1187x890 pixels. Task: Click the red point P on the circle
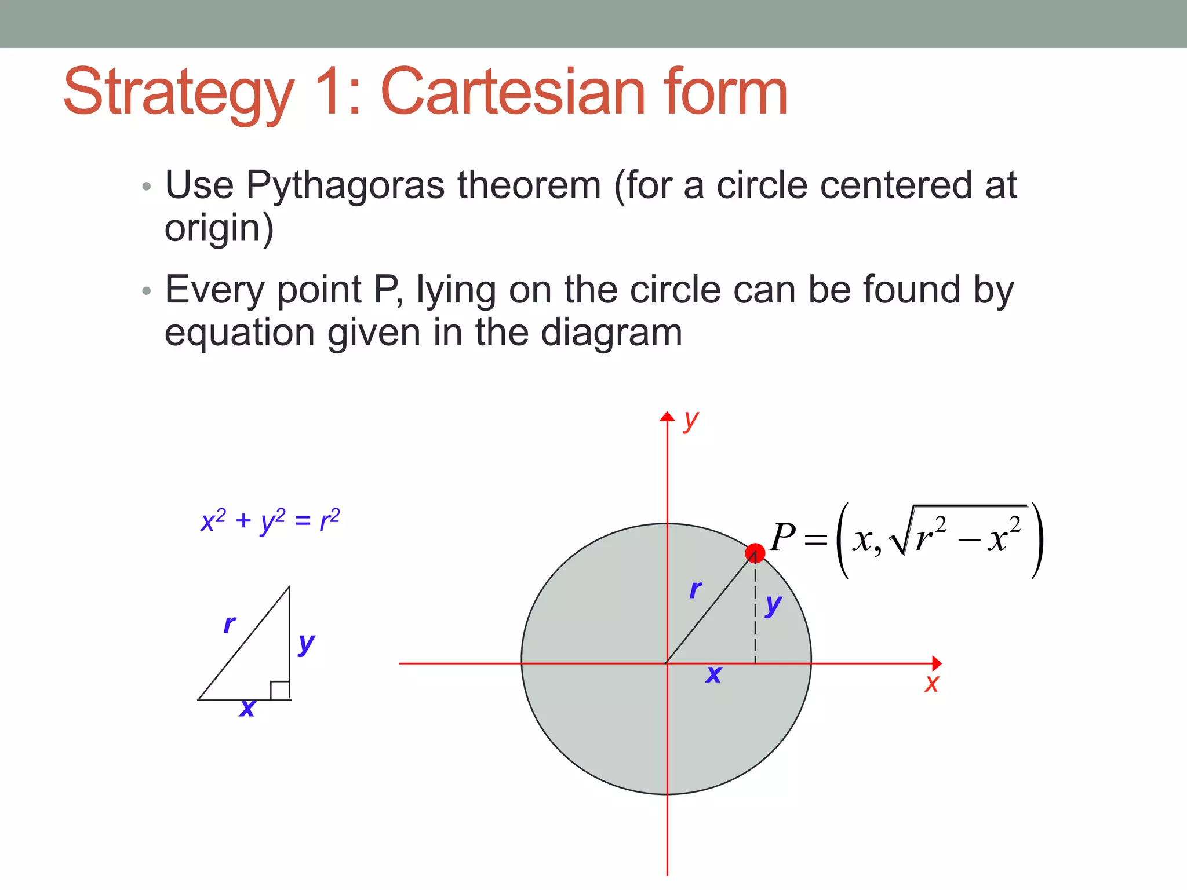coord(755,553)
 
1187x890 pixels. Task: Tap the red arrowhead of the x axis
coord(936,663)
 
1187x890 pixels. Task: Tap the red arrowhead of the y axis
coord(667,417)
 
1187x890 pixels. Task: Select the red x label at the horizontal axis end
coord(931,683)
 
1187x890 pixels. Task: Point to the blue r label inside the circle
coord(696,589)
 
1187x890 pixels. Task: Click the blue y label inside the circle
coord(773,605)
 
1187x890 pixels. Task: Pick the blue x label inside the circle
coord(713,674)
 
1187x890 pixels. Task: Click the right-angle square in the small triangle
coord(279,690)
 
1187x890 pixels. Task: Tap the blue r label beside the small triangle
coord(230,624)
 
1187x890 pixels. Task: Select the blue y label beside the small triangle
coord(306,643)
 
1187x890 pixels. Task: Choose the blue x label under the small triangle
coord(247,708)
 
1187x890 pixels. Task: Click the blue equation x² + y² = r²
coord(270,520)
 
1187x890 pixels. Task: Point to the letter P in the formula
coord(783,537)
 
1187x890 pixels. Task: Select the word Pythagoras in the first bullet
coord(345,185)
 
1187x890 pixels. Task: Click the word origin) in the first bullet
coord(219,228)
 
